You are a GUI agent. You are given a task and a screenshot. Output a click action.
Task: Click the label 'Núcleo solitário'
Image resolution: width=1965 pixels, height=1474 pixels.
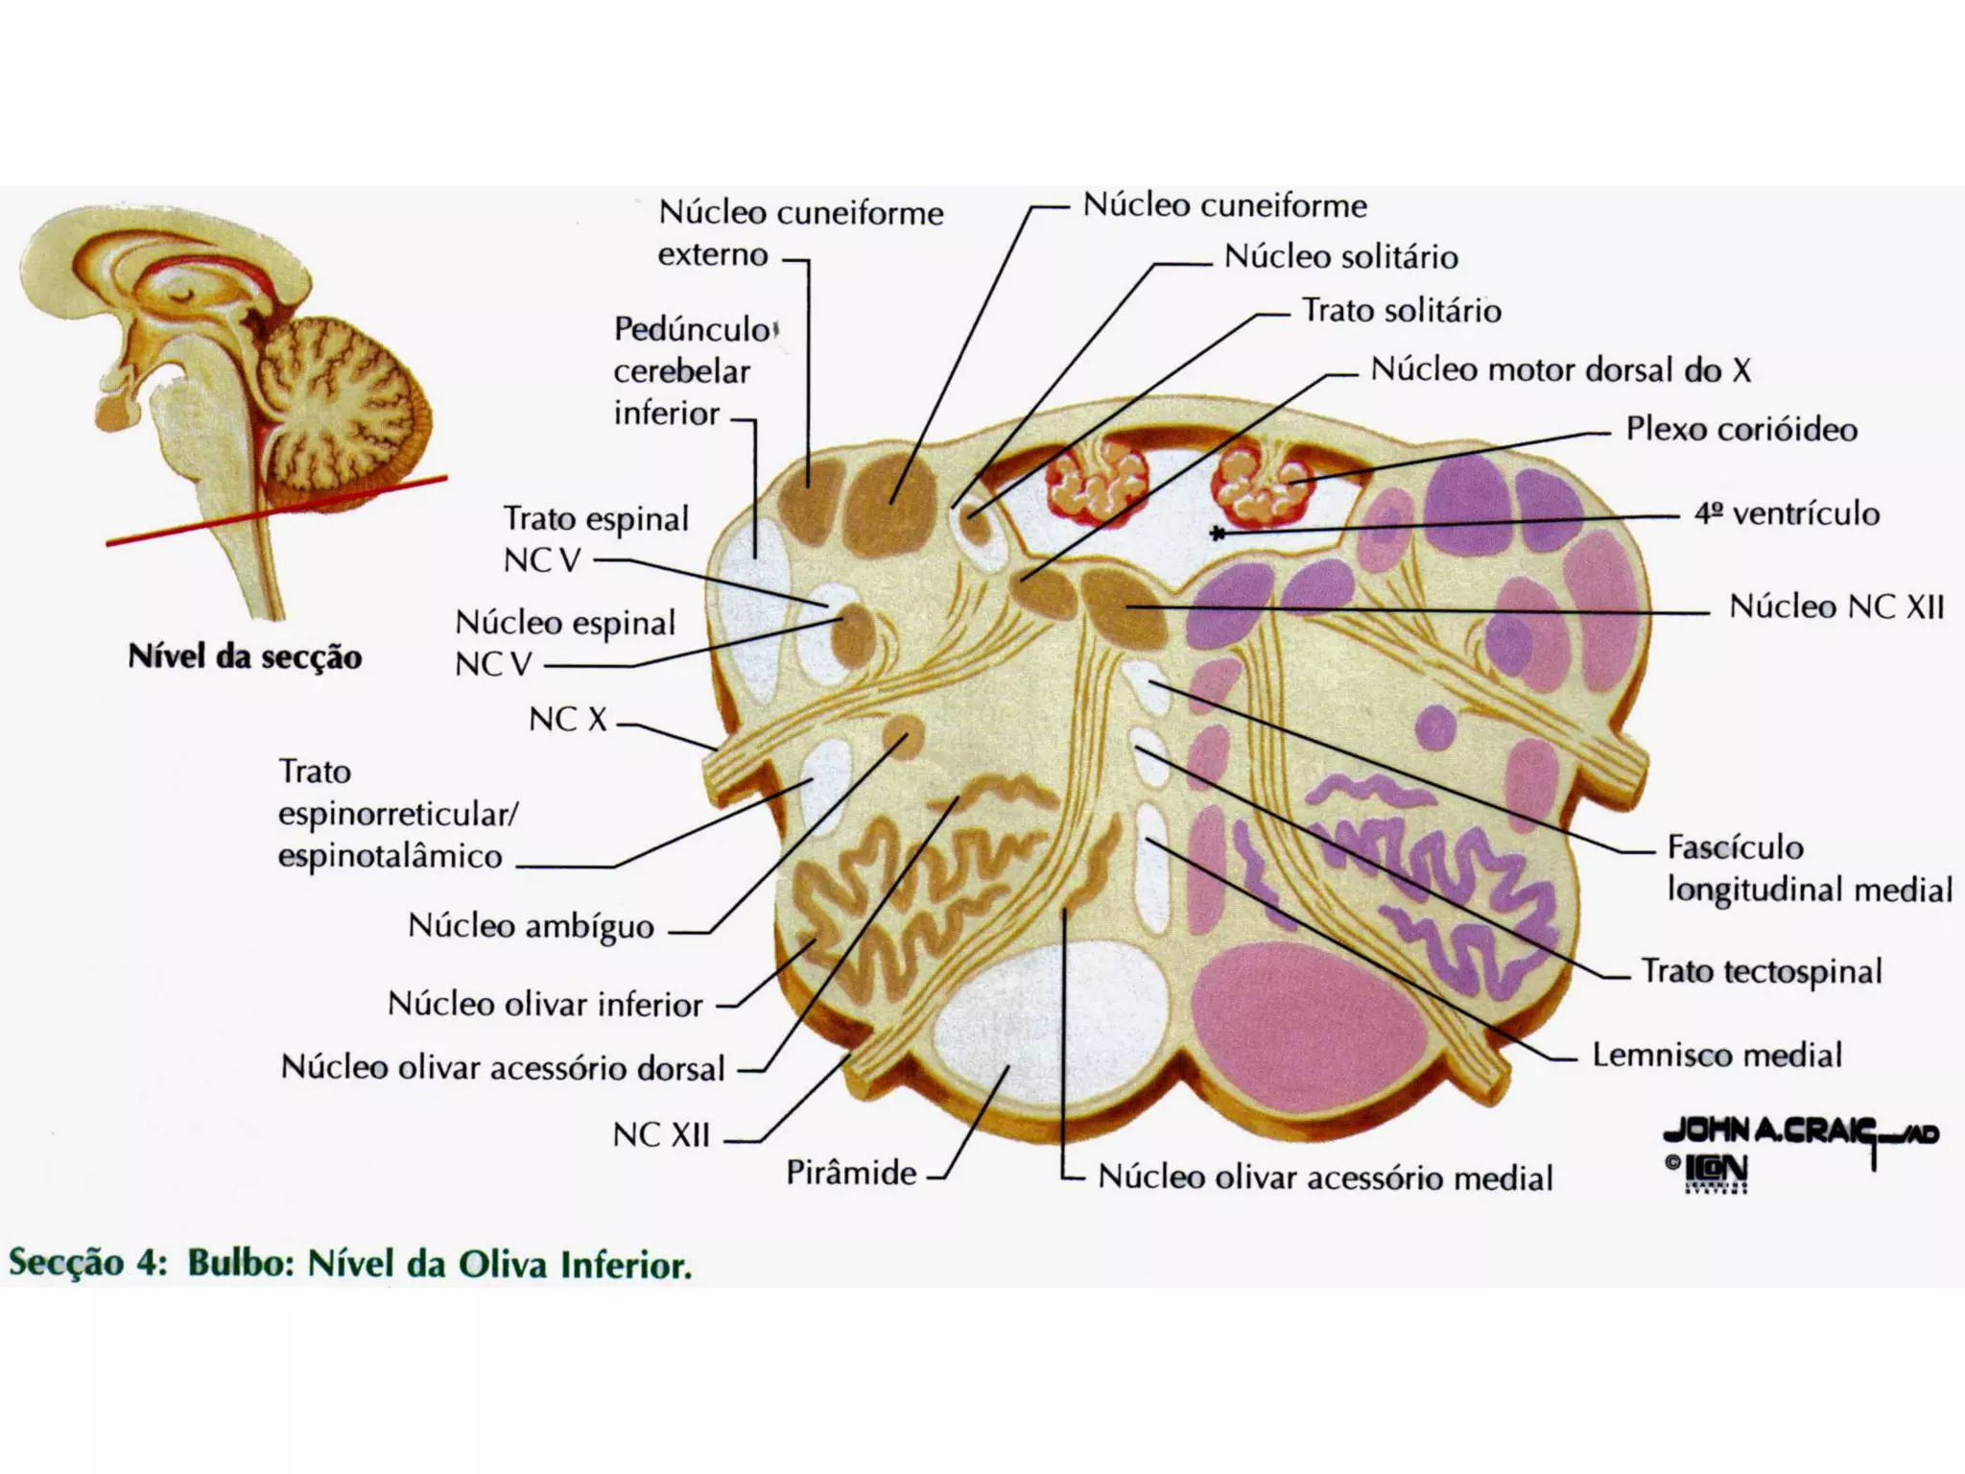click(1340, 257)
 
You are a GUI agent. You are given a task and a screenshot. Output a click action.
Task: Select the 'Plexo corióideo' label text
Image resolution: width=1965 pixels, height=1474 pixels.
click(1740, 429)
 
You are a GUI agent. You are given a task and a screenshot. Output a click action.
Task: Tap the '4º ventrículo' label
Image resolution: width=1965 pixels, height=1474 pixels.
click(1787, 513)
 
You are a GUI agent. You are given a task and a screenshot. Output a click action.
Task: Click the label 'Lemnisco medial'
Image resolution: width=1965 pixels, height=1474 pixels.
click(1716, 1055)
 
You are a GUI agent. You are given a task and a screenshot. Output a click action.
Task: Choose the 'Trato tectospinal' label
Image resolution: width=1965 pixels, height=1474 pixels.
click(1761, 971)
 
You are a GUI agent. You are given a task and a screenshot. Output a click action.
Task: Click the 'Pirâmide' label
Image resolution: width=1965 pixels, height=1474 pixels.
click(851, 1173)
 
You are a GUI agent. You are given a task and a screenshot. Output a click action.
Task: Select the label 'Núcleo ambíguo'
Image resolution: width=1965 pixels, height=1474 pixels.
click(531, 926)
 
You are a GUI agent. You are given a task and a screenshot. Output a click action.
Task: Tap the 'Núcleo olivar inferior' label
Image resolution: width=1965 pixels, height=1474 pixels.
click(545, 1005)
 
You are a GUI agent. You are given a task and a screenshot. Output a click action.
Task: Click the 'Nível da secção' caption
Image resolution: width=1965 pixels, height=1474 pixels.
click(245, 657)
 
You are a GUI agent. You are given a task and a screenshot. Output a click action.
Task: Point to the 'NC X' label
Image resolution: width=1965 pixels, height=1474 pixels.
click(568, 719)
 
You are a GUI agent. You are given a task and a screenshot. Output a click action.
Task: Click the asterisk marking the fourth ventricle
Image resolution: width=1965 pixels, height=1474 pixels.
click(1218, 534)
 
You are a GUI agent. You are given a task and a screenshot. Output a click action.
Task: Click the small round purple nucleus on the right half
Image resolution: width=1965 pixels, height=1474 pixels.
click(1435, 726)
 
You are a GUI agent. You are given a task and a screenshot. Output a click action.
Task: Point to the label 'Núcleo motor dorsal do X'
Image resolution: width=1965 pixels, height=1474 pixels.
click(1560, 370)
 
